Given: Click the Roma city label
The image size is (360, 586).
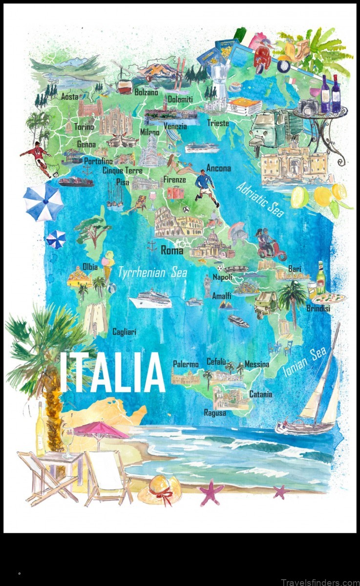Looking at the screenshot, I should (x=172, y=251).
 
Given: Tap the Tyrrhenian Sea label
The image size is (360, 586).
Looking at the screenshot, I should (x=152, y=273).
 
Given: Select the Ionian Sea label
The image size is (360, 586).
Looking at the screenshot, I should (x=304, y=362).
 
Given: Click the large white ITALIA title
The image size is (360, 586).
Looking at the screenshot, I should (x=112, y=372).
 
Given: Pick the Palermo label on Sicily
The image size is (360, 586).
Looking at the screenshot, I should (x=186, y=364).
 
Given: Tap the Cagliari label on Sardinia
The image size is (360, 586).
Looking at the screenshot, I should (x=124, y=332).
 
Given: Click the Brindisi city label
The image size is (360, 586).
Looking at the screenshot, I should (x=318, y=309).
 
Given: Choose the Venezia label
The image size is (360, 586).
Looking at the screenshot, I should (x=175, y=126).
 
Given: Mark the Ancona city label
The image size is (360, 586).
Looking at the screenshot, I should (x=218, y=168).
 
